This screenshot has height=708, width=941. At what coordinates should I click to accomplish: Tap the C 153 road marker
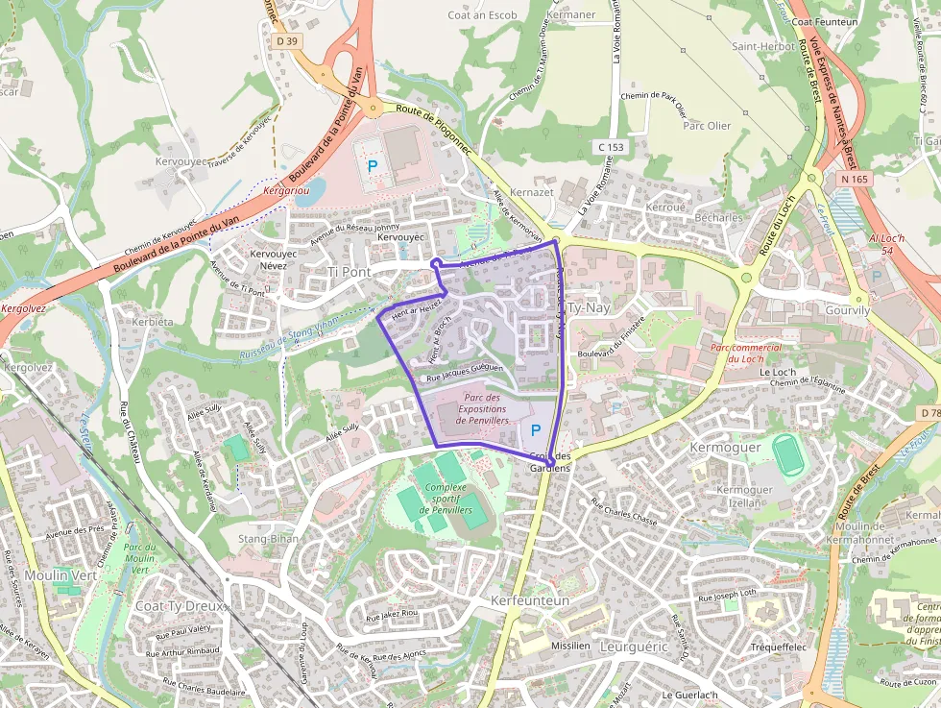tap(611, 147)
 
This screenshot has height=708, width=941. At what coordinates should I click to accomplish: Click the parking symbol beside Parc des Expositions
tap(536, 431)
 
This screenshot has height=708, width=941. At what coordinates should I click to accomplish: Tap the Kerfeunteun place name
tap(530, 599)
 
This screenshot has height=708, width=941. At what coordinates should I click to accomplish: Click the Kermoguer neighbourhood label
tap(725, 448)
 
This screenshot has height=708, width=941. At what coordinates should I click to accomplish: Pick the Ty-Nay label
tap(590, 308)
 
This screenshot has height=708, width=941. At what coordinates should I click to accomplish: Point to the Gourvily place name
tap(847, 310)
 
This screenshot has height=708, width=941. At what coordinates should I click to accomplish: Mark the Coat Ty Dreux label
tap(180, 606)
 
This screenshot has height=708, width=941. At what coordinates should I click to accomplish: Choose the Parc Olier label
tap(706, 126)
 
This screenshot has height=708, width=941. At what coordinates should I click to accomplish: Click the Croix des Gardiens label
tap(549, 461)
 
